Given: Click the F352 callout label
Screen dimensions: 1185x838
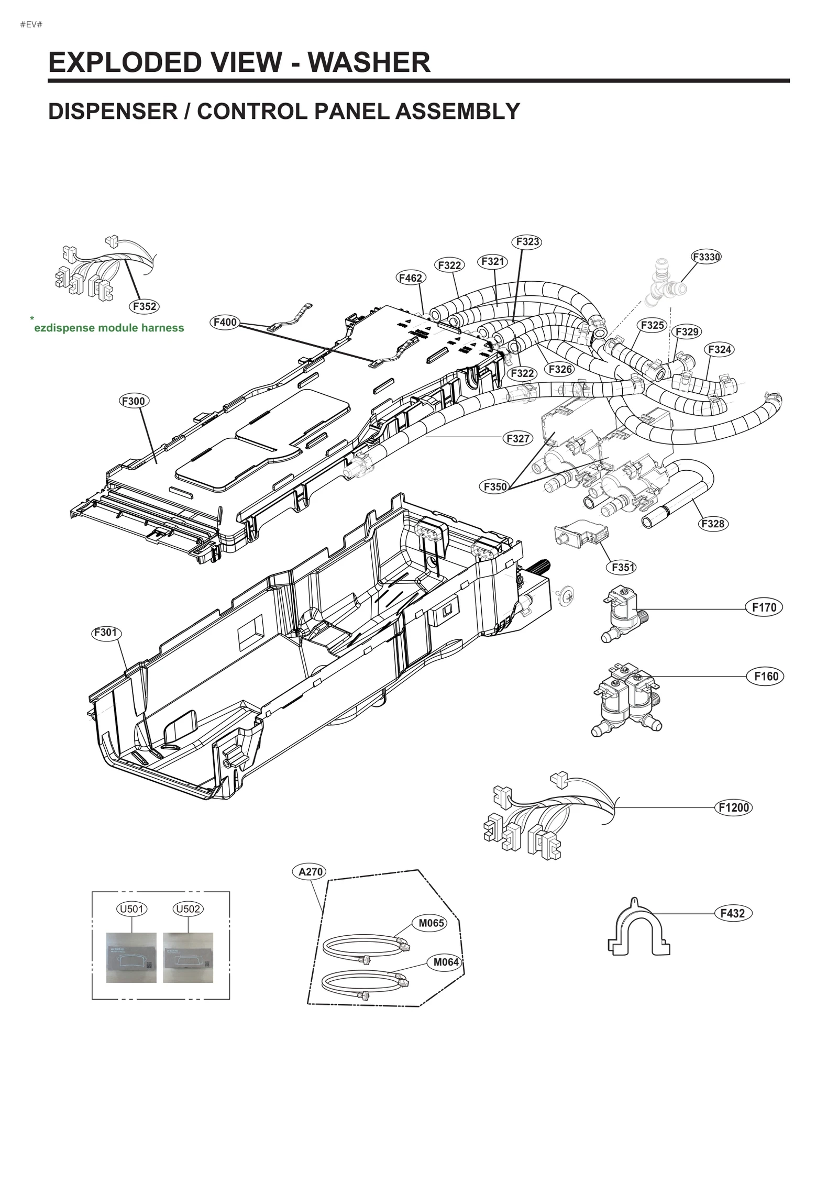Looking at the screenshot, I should pyautogui.click(x=144, y=306).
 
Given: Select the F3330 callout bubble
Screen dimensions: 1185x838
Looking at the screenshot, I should pyautogui.click(x=706, y=257).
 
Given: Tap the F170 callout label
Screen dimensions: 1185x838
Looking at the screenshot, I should pyautogui.click(x=764, y=607).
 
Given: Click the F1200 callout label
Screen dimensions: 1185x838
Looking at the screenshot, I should pyautogui.click(x=733, y=807).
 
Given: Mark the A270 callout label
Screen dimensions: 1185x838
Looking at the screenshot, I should pyautogui.click(x=310, y=872).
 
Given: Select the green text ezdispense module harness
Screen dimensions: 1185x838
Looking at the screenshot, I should pyautogui.click(x=109, y=328).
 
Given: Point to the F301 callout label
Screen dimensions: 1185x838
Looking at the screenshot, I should pyautogui.click(x=106, y=633).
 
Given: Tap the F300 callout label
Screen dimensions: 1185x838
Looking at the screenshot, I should pyautogui.click(x=134, y=401).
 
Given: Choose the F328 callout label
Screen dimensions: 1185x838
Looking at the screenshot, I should pyautogui.click(x=712, y=524).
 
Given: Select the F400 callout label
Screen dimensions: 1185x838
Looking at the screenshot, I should pyautogui.click(x=225, y=322).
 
